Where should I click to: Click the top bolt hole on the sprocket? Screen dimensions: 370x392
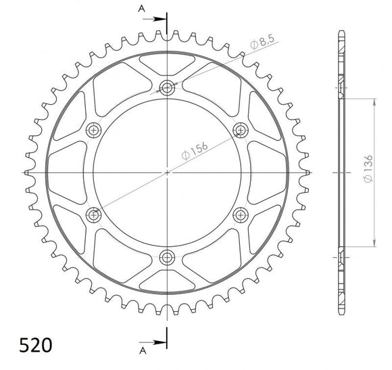coord(166,87)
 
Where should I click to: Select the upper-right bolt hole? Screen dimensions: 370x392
coord(239,129)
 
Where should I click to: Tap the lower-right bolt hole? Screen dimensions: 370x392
coord(239,214)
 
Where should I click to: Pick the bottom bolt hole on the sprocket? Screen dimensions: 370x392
coord(166,256)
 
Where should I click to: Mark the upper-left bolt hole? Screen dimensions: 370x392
coord(93,129)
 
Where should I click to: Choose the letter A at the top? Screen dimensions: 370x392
coord(141,9)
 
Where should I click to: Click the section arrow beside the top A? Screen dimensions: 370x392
coord(156,19)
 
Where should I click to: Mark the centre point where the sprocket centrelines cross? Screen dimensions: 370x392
coord(166,172)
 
